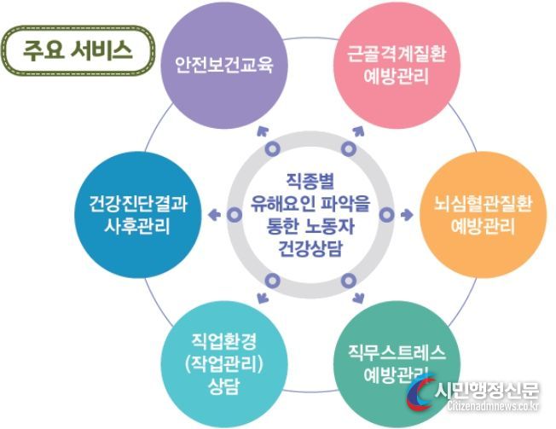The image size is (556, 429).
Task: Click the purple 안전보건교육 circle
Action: point(224,65)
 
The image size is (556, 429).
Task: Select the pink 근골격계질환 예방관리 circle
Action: point(397,65)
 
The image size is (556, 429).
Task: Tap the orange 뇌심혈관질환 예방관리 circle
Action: point(484,215)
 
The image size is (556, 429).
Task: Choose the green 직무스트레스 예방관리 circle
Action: point(397,364)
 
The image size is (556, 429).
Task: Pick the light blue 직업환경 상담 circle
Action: point(224,364)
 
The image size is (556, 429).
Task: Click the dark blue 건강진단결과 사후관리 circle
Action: point(137,215)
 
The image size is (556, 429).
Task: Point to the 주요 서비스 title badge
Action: point(78,50)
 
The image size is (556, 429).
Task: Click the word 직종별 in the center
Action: point(310,181)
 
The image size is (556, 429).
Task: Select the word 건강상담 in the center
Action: point(310,248)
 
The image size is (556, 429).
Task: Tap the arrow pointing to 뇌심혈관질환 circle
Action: point(407,215)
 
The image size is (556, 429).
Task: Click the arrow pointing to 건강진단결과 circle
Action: point(214,215)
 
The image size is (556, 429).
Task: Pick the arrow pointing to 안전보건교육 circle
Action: point(263,132)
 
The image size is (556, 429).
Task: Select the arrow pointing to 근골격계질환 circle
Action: point(358,132)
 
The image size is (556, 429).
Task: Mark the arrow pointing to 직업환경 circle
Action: point(263,298)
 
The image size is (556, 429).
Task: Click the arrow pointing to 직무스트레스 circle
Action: point(358,298)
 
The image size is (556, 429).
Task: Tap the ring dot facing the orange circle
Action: point(386,215)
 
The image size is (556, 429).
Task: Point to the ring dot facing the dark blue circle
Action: point(235,215)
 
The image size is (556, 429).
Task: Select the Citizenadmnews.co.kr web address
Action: point(493,406)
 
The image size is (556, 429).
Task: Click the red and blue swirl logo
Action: point(421,393)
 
